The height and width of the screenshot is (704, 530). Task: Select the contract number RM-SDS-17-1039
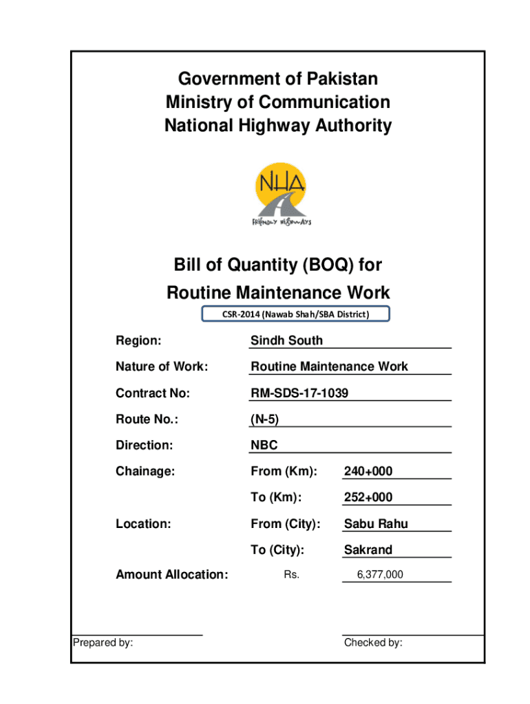click(x=299, y=393)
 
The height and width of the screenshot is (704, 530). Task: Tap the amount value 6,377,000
click(x=380, y=575)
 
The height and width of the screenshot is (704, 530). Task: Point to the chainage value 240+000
click(x=368, y=472)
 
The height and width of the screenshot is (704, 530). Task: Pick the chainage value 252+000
click(x=368, y=498)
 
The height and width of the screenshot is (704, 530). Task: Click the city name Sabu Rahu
click(x=376, y=524)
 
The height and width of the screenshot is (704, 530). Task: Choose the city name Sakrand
click(x=368, y=550)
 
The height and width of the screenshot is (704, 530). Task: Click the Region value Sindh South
click(x=286, y=341)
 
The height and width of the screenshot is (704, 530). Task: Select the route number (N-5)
click(x=265, y=419)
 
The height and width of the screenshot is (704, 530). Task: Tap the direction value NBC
click(x=264, y=445)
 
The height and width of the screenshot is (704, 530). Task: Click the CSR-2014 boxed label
click(x=295, y=315)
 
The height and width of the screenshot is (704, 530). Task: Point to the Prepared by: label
click(x=103, y=643)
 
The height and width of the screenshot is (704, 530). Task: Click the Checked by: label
click(x=373, y=643)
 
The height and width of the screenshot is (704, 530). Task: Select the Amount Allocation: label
click(x=171, y=575)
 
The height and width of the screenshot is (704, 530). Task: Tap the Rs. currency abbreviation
click(x=291, y=575)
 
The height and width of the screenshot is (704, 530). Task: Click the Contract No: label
click(x=152, y=393)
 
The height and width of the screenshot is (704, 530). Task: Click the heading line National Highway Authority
click(x=278, y=126)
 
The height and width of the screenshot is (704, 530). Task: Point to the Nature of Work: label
click(x=161, y=367)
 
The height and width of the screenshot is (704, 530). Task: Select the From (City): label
click(x=286, y=524)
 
